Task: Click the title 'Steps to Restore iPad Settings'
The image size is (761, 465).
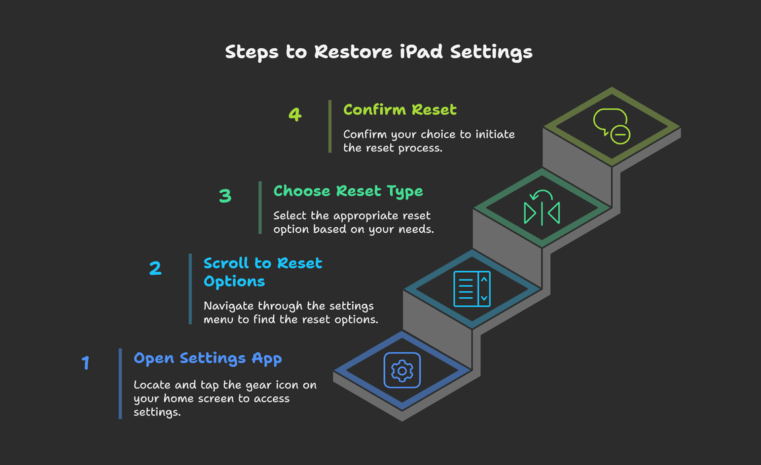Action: click(x=379, y=52)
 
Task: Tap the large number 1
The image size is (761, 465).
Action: click(x=85, y=363)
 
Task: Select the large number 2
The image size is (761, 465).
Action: click(x=155, y=268)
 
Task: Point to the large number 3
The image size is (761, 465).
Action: click(x=225, y=196)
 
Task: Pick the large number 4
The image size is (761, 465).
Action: click(x=295, y=114)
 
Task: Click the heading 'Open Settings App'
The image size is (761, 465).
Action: click(x=207, y=358)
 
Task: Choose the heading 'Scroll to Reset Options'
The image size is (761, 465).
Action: click(x=262, y=272)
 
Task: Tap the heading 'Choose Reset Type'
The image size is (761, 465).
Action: click(x=348, y=191)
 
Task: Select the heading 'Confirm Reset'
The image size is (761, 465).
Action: click(x=400, y=109)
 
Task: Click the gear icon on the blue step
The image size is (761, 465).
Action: click(x=402, y=371)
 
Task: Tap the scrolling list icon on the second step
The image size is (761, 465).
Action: click(x=472, y=289)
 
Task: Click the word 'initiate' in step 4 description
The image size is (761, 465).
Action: click(x=493, y=134)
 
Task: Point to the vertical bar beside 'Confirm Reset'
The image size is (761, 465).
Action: click(x=330, y=126)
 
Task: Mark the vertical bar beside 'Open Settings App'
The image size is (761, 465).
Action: click(x=120, y=384)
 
